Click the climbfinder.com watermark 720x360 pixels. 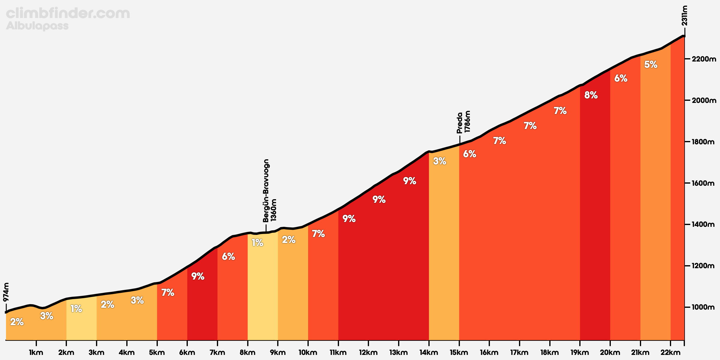[x=68, y=13]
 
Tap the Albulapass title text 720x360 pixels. [x=37, y=26]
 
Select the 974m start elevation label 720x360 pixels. [x=6, y=292]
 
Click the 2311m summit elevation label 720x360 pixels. [x=684, y=16]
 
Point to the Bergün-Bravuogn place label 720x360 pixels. [x=266, y=191]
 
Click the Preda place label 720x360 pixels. [x=460, y=123]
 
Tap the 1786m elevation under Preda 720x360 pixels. [x=467, y=121]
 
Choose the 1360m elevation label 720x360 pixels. [x=273, y=210]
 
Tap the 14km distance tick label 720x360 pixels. [x=429, y=352]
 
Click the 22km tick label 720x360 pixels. [x=670, y=352]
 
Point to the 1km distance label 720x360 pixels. [x=36, y=352]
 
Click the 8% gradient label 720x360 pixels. [x=591, y=95]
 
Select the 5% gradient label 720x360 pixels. [x=651, y=64]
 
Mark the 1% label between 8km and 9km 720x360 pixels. [x=257, y=242]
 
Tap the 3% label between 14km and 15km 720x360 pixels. [x=439, y=161]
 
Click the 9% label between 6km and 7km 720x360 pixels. [x=198, y=276]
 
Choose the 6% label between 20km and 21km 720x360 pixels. [x=621, y=78]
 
